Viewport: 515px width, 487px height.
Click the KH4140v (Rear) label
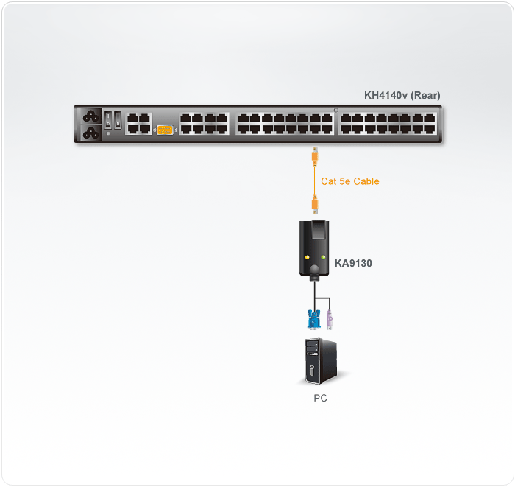pyautogui.click(x=402, y=95)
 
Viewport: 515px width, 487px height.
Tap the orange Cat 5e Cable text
pyautogui.click(x=349, y=181)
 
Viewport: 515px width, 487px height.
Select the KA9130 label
pyautogui.click(x=353, y=263)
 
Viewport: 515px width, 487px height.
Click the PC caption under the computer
pyautogui.click(x=320, y=398)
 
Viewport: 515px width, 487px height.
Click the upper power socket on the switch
pyautogui.click(x=91, y=116)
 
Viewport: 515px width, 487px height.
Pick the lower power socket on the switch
pyautogui.click(x=91, y=133)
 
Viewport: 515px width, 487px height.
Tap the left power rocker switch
pyautogui.click(x=108, y=119)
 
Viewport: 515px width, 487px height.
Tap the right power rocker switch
pyautogui.click(x=118, y=119)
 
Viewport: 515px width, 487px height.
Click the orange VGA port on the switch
pyautogui.click(x=165, y=130)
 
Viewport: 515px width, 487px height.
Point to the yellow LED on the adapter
pyautogui.click(x=308, y=257)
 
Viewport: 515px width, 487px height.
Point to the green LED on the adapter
pyautogui.click(x=323, y=257)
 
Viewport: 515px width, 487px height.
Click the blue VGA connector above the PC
pyautogui.click(x=314, y=319)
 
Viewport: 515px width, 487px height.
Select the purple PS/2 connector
pyautogui.click(x=330, y=320)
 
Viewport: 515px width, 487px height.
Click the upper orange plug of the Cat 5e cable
pyautogui.click(x=315, y=155)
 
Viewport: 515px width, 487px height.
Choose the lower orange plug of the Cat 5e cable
pyautogui.click(x=315, y=204)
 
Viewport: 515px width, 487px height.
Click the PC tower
pyautogui.click(x=322, y=361)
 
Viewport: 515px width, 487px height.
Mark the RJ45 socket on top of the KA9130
pyautogui.click(x=319, y=229)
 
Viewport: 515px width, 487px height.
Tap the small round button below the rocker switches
pyautogui.click(x=108, y=133)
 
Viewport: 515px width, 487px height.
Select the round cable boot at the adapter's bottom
pyautogui.click(x=314, y=270)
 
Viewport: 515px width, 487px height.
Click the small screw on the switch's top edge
pyautogui.click(x=335, y=111)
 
